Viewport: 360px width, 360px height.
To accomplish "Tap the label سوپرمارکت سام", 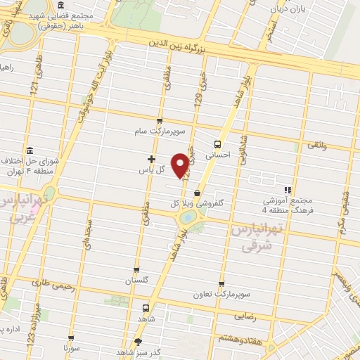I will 160,131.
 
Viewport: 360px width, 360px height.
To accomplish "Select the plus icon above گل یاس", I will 151,160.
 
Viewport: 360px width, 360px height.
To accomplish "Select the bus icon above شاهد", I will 146,307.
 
